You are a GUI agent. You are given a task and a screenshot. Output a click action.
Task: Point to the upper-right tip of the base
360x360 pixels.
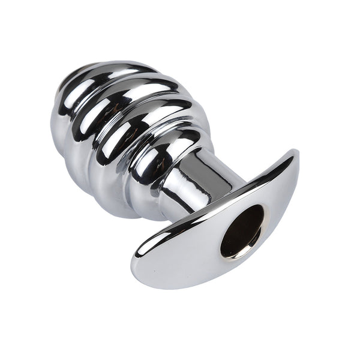pos(293,157)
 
